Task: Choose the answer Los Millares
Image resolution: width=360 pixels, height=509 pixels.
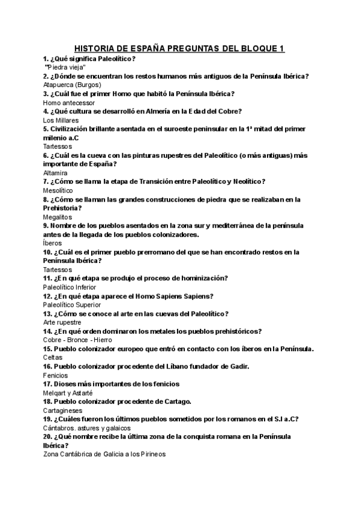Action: click(x=61, y=120)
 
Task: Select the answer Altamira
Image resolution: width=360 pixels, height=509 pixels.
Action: click(x=56, y=173)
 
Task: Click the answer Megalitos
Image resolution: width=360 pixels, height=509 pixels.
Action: click(x=58, y=217)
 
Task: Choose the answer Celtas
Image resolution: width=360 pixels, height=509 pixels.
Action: click(x=53, y=358)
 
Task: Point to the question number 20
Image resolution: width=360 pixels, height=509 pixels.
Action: click(x=48, y=437)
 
